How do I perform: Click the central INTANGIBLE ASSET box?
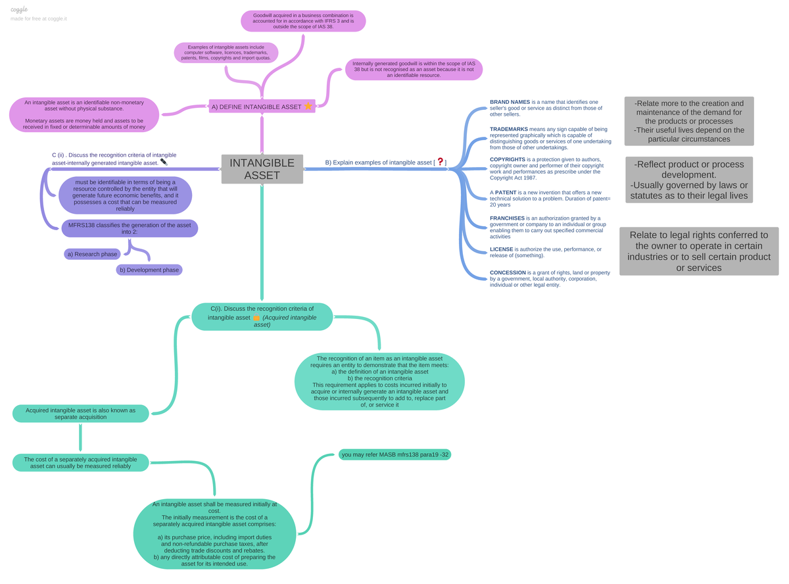click(262, 168)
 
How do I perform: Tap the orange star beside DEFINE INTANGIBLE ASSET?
click(308, 106)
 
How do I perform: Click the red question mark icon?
click(440, 162)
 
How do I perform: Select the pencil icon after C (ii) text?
click(164, 162)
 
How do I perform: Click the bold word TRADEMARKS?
click(509, 129)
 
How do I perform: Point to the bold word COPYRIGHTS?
click(507, 159)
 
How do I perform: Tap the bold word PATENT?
click(505, 193)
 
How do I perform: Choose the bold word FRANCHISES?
click(506, 218)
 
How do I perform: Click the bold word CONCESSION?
click(508, 273)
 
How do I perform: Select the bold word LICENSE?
click(501, 249)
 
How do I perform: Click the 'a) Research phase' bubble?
click(92, 254)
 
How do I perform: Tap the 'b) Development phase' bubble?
click(149, 270)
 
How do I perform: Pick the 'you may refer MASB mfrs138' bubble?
click(394, 454)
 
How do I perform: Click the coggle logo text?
click(19, 10)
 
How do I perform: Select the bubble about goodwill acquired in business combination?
click(303, 21)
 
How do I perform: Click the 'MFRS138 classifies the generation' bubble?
click(130, 228)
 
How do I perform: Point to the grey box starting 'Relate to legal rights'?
click(699, 251)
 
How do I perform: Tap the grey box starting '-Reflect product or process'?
click(688, 180)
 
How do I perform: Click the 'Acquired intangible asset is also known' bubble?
click(80, 414)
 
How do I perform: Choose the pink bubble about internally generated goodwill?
click(414, 70)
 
